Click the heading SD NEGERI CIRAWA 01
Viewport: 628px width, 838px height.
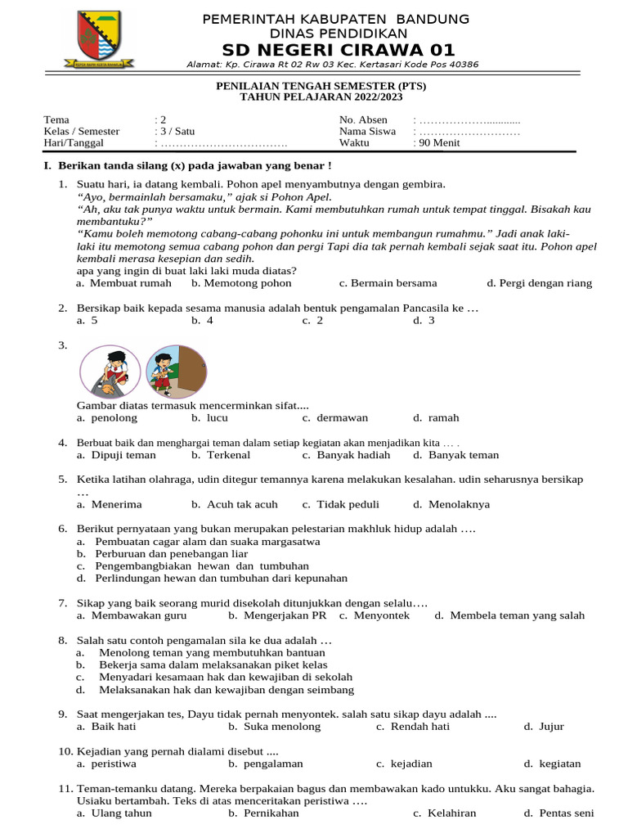(x=333, y=50)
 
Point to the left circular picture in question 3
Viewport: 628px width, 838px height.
(x=110, y=371)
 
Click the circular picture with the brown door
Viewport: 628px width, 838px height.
(x=177, y=371)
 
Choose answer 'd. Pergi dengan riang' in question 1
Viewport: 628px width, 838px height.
(x=539, y=283)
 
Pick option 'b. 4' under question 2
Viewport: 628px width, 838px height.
(x=202, y=321)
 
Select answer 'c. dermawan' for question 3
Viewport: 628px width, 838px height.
(x=335, y=417)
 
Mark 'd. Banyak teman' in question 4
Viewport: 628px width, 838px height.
(x=455, y=455)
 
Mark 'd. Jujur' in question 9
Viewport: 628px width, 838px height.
(x=544, y=727)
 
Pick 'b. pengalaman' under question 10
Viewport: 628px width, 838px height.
(x=266, y=764)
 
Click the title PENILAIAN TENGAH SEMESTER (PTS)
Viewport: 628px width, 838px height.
(x=320, y=85)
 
